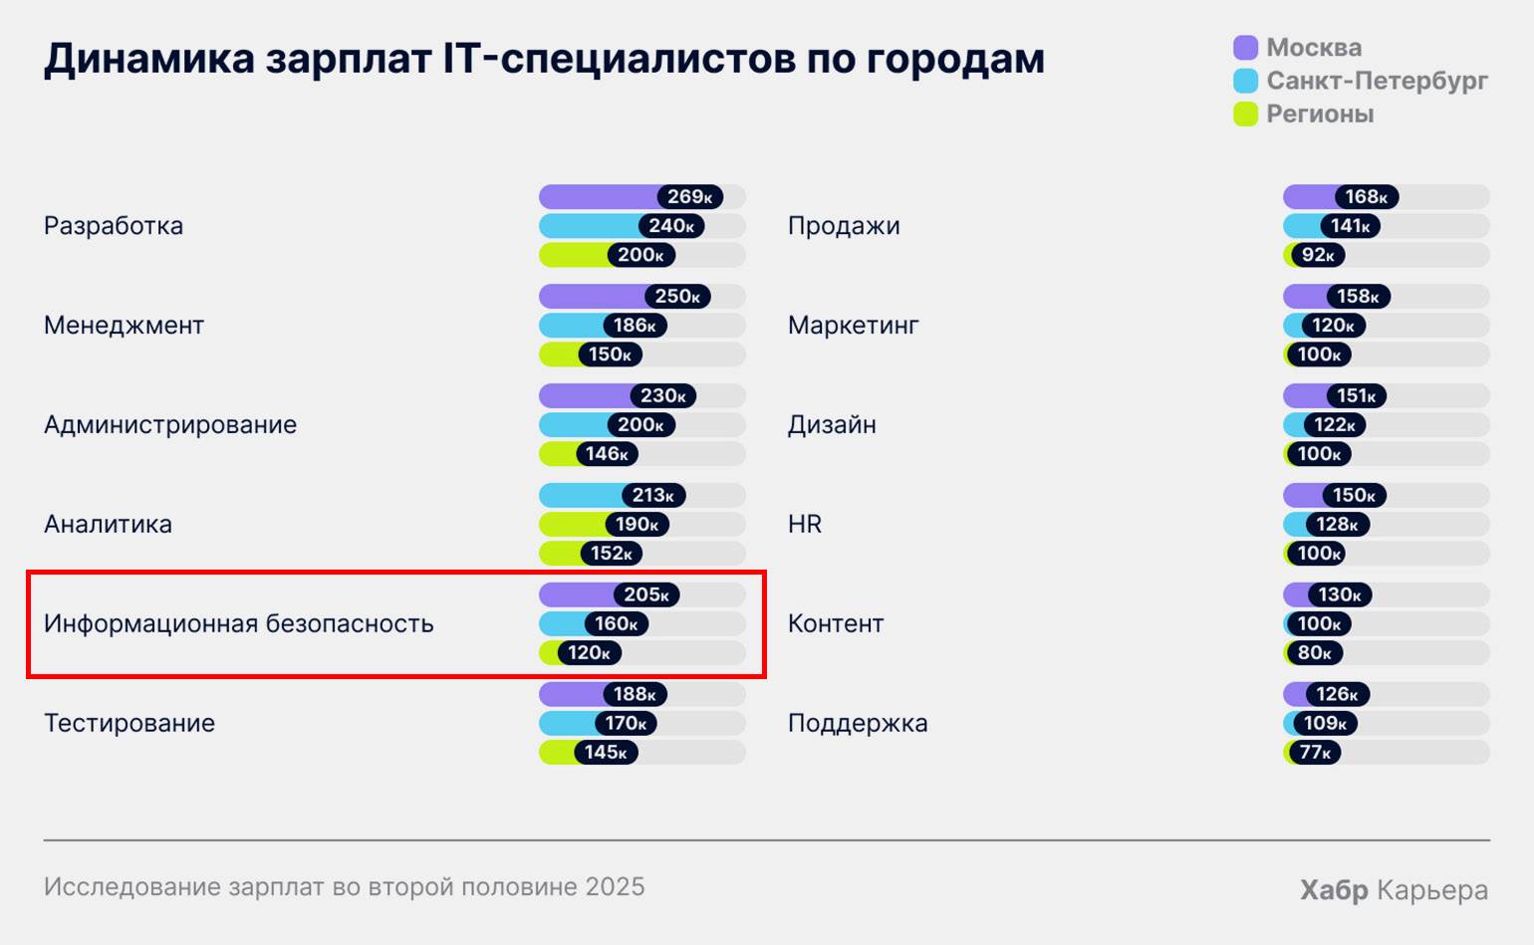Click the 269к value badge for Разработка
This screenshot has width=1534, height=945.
click(x=689, y=197)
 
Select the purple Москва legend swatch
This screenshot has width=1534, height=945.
click(x=1245, y=48)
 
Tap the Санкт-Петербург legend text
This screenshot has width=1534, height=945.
click(x=1377, y=81)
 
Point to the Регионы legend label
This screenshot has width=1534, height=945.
click(x=1320, y=115)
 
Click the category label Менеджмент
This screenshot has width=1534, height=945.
click(x=124, y=326)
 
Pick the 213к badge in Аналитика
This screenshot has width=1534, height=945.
click(x=652, y=495)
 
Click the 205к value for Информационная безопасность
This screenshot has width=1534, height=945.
click(x=646, y=594)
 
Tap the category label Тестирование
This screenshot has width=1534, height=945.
click(x=129, y=724)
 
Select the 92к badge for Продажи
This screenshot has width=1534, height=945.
click(x=1318, y=255)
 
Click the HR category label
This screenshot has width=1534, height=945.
click(x=805, y=525)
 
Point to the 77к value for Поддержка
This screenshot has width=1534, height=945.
click(x=1315, y=752)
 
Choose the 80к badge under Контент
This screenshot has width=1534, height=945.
click(x=1315, y=652)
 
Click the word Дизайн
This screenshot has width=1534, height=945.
click(x=832, y=425)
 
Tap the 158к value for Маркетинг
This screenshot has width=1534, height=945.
click(x=1358, y=296)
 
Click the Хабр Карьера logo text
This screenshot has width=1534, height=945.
click(x=1394, y=889)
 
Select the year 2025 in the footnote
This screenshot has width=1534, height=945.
click(x=616, y=886)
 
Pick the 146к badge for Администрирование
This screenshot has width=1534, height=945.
click(x=607, y=454)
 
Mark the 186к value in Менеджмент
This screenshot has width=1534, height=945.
click(x=635, y=326)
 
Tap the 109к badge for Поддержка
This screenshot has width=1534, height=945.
click(x=1325, y=723)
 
